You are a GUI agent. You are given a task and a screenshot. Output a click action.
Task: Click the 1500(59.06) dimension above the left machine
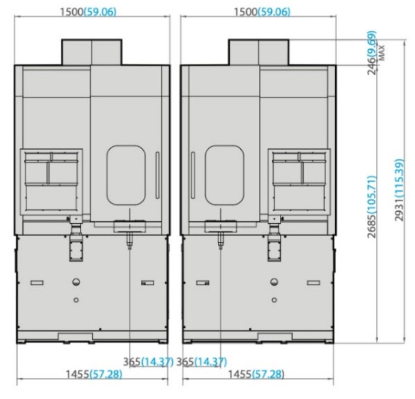(x=88, y=12)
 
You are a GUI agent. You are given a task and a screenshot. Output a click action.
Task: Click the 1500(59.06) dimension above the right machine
(x=262, y=12)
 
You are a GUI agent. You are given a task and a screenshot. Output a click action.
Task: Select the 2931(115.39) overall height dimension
(x=400, y=189)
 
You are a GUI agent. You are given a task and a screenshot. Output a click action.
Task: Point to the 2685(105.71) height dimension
(x=372, y=207)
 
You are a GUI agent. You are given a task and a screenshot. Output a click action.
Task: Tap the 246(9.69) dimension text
(x=372, y=53)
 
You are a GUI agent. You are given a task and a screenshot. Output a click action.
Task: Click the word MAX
(x=382, y=53)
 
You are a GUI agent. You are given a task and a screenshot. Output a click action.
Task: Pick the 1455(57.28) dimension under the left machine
(x=94, y=374)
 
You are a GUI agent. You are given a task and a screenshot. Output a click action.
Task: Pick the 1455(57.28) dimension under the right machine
(x=256, y=374)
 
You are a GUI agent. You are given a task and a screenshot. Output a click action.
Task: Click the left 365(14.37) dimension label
(x=148, y=362)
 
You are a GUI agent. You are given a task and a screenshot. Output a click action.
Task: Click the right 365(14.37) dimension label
(x=202, y=362)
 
